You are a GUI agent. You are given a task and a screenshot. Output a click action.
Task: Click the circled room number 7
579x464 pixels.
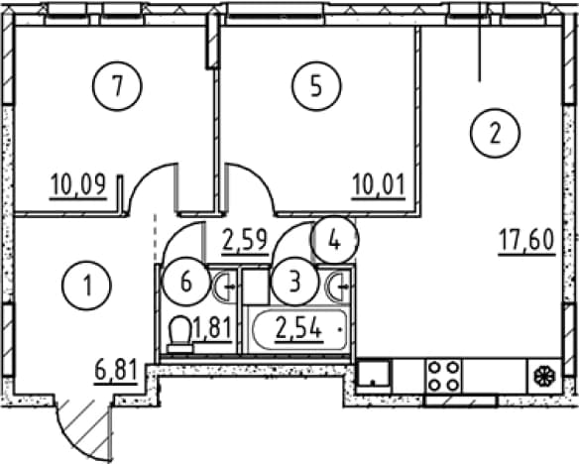[x=117, y=86]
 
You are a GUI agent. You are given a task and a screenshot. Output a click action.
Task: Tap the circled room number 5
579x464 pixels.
[x=316, y=86]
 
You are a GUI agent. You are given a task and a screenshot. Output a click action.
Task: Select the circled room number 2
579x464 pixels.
[x=495, y=133]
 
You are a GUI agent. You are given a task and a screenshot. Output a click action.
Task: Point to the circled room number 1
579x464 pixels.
[x=87, y=285]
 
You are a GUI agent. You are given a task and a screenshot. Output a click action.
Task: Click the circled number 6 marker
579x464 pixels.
[x=186, y=282]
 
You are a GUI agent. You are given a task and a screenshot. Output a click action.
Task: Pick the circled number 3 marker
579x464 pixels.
[x=294, y=282]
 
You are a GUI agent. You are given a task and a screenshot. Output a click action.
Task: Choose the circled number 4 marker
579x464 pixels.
[x=334, y=240]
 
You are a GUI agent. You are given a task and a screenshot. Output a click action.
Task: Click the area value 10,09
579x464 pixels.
[x=78, y=185]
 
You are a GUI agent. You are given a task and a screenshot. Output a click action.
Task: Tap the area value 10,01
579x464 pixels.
[x=379, y=185]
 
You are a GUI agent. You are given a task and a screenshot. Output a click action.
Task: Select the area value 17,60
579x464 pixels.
[x=526, y=241]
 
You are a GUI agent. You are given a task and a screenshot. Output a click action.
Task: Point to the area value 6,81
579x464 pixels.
[x=116, y=371]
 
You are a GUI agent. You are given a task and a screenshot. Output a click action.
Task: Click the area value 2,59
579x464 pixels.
[x=245, y=241]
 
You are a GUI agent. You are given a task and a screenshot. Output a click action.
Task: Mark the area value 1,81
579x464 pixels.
[x=212, y=329]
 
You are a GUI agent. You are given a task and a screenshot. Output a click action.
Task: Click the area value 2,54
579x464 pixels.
[x=297, y=329]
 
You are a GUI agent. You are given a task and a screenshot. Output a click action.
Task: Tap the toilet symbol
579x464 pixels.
[x=179, y=334]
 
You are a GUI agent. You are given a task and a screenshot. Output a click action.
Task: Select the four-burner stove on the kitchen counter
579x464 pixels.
[x=443, y=377]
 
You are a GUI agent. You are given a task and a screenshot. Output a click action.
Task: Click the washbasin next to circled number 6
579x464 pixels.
[x=224, y=287]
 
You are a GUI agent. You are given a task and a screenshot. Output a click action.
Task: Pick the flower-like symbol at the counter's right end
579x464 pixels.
[x=544, y=377]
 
